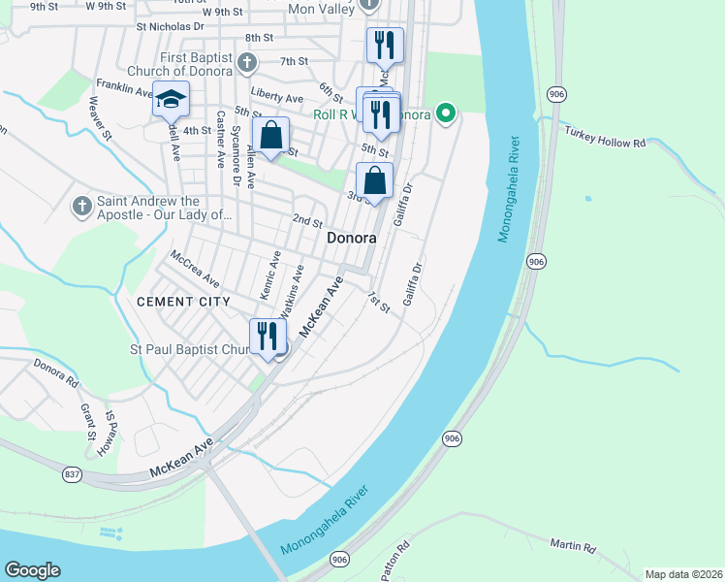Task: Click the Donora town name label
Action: (351, 238)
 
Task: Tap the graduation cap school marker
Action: (171, 101)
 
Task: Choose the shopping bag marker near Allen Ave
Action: (271, 136)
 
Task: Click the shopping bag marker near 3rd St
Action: (374, 180)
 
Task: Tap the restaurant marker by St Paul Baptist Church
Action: (266, 337)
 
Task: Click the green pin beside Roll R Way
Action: (446, 113)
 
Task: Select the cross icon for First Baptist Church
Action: (247, 64)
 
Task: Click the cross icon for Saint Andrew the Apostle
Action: (82, 207)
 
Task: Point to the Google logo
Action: (32, 570)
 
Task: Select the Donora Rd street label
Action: (55, 369)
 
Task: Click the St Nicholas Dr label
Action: (171, 27)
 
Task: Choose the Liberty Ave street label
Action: (277, 96)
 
